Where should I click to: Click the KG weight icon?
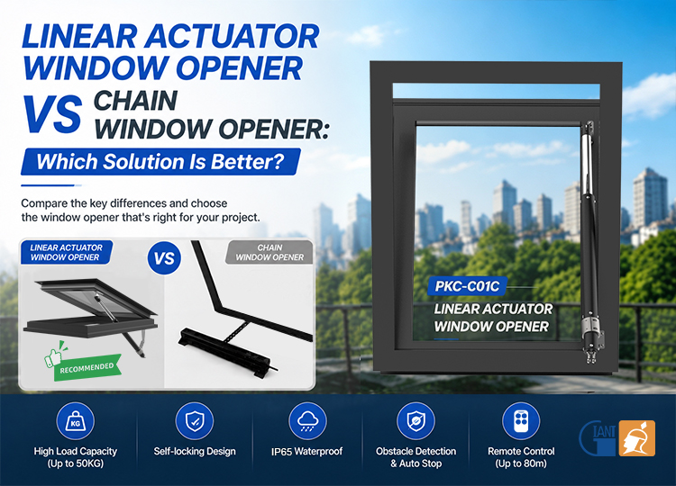tap(75, 421)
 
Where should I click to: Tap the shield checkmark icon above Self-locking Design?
tap(195, 421)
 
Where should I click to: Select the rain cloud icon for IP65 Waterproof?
tap(307, 421)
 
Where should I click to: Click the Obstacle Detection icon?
tap(416, 421)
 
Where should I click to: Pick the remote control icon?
tap(521, 421)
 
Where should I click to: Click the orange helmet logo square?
tap(637, 438)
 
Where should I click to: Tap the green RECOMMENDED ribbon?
tap(87, 368)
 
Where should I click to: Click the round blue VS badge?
tap(164, 258)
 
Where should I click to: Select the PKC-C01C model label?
tap(467, 286)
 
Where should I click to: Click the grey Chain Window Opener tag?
tap(269, 252)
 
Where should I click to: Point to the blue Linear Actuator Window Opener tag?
tap(66, 252)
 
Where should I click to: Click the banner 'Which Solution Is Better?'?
tap(160, 161)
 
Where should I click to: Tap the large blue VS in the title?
tap(52, 114)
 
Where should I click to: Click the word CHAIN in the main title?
tap(135, 101)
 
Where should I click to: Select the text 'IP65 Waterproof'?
tap(306, 452)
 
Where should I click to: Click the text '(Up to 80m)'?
tap(521, 463)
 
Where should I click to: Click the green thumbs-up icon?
tap(54, 355)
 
